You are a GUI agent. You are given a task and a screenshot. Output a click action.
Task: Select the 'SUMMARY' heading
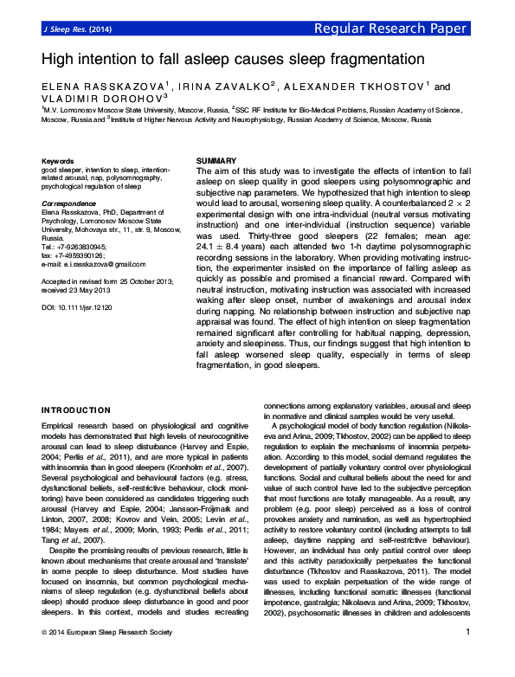point(216,162)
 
